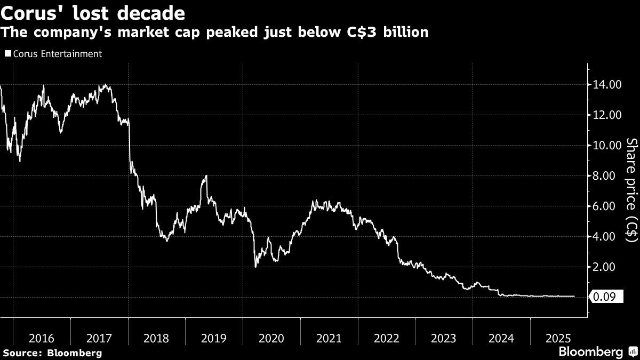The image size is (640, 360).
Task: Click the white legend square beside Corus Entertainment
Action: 7,54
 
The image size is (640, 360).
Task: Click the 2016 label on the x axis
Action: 42,338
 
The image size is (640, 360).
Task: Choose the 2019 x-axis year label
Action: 214,338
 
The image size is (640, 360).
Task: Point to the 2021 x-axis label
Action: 329,338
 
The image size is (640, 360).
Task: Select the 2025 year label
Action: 558,338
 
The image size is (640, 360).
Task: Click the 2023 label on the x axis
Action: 443,338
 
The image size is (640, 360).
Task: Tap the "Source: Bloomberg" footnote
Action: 52,353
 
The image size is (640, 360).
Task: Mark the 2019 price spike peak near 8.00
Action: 206,176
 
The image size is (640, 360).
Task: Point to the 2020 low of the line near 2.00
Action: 255,266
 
